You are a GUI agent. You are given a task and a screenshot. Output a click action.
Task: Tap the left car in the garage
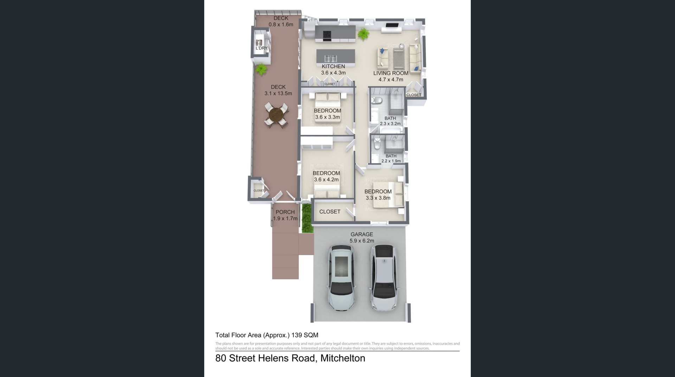341,277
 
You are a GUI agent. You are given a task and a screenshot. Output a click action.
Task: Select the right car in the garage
384,278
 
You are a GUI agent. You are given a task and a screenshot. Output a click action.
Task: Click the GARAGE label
362,234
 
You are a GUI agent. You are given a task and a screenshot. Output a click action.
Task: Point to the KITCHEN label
333,66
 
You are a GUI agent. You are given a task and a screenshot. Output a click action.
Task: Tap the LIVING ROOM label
391,73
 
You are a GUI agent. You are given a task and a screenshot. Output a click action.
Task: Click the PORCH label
285,212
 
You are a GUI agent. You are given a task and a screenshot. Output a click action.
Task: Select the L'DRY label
261,48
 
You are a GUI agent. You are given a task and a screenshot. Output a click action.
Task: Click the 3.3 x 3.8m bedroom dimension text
378,198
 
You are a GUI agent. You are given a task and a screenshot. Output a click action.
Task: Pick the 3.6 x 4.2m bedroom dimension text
326,180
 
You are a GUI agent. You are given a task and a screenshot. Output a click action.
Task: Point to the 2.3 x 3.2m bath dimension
390,124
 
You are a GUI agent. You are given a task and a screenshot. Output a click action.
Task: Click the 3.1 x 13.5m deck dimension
278,93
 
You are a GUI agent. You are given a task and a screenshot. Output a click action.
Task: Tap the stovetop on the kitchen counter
327,35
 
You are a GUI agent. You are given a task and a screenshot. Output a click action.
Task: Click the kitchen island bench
336,56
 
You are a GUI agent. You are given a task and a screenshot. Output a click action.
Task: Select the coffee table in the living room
399,58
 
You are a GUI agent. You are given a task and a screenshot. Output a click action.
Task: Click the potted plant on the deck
261,69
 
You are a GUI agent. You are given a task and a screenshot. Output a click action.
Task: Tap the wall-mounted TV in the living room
392,25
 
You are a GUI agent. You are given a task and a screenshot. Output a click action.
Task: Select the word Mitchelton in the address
343,358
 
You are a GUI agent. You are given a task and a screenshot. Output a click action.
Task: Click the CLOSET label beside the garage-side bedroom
330,212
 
